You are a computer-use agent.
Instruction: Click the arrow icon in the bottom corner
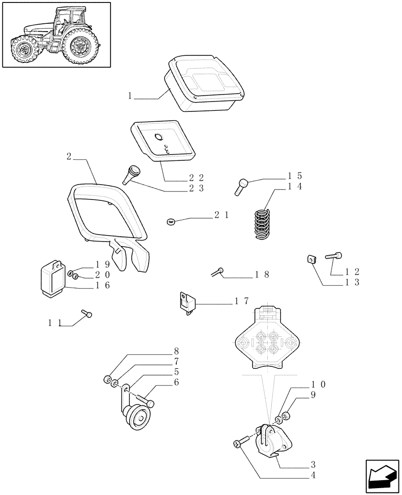click(x=381, y=476)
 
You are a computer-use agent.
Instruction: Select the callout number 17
click(x=242, y=301)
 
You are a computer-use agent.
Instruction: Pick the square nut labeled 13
click(x=311, y=259)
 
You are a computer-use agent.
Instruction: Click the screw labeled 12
click(x=333, y=256)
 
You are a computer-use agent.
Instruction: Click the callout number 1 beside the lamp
click(x=130, y=96)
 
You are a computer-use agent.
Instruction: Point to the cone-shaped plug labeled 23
click(x=133, y=175)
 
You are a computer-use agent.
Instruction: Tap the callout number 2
click(x=69, y=156)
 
